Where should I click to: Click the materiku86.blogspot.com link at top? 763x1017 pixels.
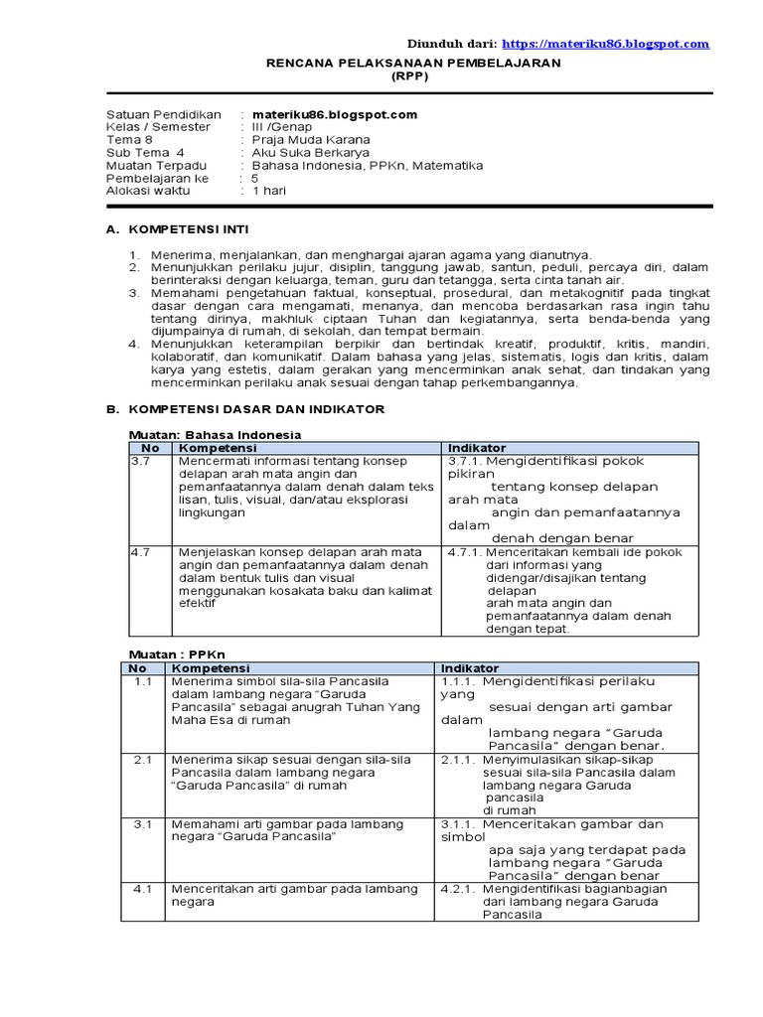tap(605, 44)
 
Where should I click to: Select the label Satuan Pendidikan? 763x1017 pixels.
tap(164, 114)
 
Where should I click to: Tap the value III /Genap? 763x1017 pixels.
tap(282, 127)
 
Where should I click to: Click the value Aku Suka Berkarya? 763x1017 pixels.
tap(310, 153)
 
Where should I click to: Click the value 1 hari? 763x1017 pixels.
tap(268, 191)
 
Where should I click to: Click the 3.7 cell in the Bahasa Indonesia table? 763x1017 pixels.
tap(139, 461)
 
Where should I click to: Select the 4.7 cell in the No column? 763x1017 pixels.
tap(139, 551)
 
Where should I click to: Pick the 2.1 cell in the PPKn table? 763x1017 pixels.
tap(142, 759)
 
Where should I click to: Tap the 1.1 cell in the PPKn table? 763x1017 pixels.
tap(142, 681)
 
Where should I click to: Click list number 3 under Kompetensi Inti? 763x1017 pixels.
tap(135, 294)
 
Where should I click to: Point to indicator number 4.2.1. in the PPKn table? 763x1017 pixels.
tap(459, 889)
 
